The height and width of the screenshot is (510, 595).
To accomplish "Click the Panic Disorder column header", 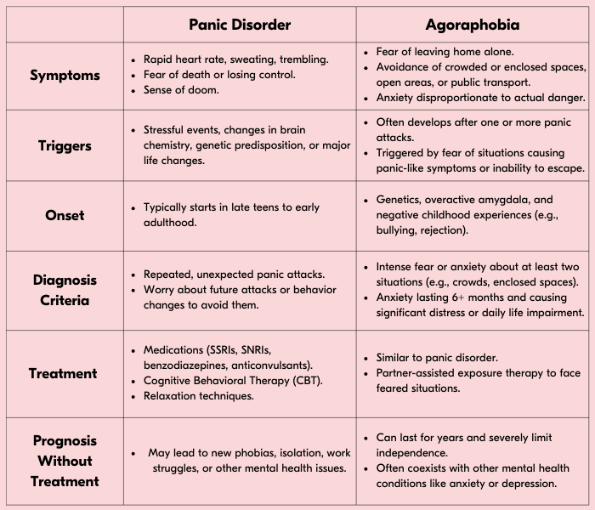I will tap(239, 25).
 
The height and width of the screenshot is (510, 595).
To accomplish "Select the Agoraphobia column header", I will tap(473, 25).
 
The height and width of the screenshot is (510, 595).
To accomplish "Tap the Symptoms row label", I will tap(65, 75).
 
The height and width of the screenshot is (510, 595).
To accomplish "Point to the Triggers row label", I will tap(65, 145).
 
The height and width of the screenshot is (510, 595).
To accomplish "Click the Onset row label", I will tap(65, 215).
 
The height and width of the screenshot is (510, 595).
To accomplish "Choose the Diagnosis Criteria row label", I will tap(65, 290).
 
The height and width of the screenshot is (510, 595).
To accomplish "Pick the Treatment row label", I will tap(63, 373).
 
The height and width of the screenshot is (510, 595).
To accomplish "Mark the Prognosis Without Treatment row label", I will tap(65, 461).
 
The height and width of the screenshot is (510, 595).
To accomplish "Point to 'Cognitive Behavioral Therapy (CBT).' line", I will tap(233, 381).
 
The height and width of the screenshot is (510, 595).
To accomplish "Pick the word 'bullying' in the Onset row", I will tap(400, 230).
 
